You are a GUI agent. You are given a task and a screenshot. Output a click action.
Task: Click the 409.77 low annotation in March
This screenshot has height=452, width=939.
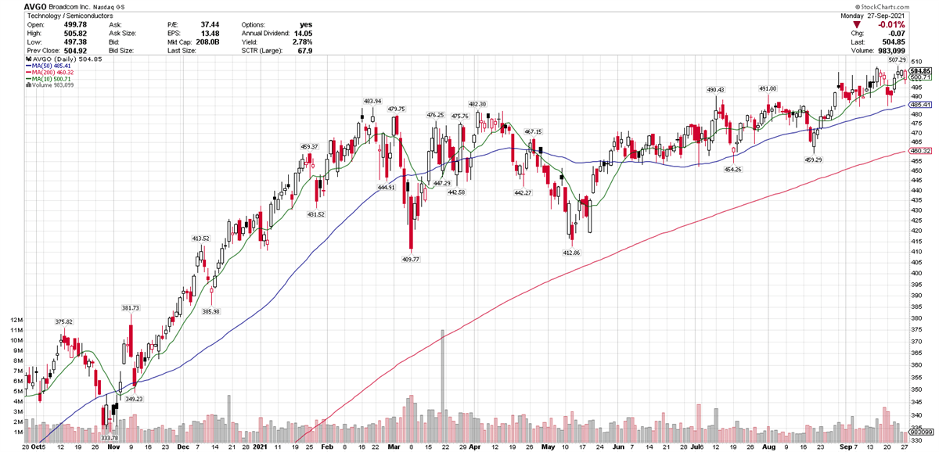[x=410, y=259]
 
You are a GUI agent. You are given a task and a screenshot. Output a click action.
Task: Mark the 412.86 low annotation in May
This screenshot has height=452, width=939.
[x=572, y=253]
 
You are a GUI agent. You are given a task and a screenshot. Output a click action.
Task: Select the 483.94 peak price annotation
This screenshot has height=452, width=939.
[x=372, y=101]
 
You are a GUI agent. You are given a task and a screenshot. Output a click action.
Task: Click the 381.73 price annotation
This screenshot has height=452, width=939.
[x=130, y=307]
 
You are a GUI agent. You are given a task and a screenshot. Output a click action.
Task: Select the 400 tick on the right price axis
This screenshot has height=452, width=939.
[x=915, y=273]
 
